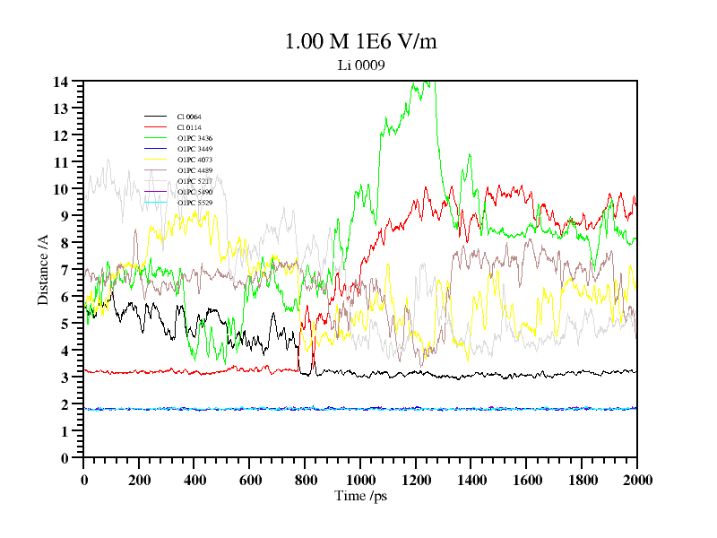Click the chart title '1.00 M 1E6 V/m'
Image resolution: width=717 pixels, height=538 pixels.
pyautogui.click(x=360, y=41)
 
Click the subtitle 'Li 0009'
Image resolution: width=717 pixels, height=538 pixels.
pyautogui.click(x=360, y=65)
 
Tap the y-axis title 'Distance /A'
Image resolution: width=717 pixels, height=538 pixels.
pyautogui.click(x=43, y=269)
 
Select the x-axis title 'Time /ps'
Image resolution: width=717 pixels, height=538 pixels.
pyautogui.click(x=360, y=496)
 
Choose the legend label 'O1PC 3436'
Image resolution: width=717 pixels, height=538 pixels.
pyautogui.click(x=194, y=138)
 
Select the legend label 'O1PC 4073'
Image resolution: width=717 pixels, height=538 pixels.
pyautogui.click(x=194, y=160)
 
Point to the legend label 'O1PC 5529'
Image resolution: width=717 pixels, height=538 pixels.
pyautogui.click(x=194, y=203)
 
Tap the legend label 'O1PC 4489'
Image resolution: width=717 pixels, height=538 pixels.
pyautogui.click(x=194, y=170)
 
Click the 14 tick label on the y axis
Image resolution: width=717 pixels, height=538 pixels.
pyautogui.click(x=61, y=82)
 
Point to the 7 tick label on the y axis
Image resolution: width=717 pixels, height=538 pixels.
pyautogui.click(x=65, y=270)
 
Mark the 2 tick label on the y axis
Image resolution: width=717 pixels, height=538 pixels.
pyautogui.click(x=65, y=404)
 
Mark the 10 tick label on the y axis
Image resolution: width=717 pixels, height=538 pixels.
pyautogui.click(x=61, y=189)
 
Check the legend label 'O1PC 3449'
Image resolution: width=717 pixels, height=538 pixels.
pyautogui.click(x=194, y=149)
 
